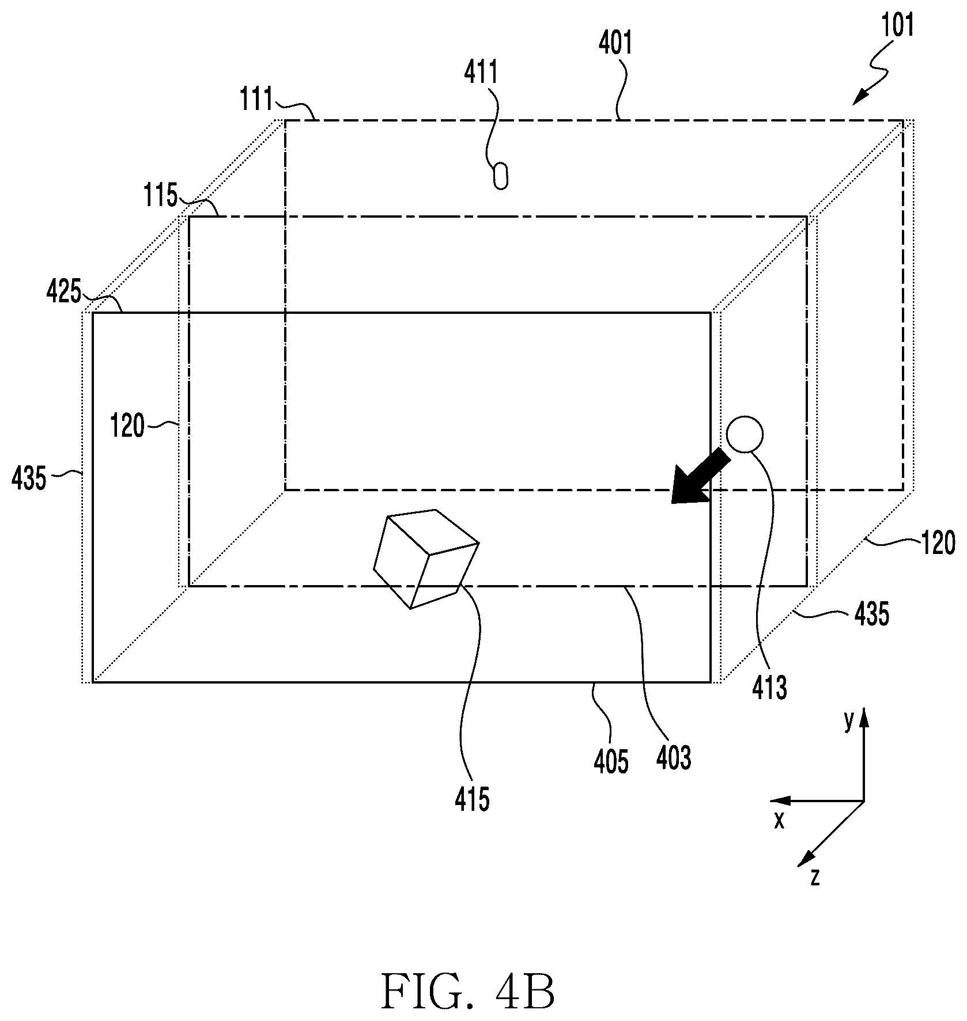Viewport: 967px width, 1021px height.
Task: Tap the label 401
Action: click(x=616, y=43)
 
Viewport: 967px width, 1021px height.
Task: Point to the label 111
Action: click(x=256, y=100)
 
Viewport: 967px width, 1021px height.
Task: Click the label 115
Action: click(x=161, y=196)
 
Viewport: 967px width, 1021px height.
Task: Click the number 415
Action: click(x=472, y=800)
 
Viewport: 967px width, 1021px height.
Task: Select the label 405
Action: click(x=611, y=761)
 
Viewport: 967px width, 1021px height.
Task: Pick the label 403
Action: click(x=674, y=758)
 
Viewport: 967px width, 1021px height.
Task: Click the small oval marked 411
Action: click(x=501, y=176)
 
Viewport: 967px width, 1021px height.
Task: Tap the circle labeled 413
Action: click(x=745, y=434)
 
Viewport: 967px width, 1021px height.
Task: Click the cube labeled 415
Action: click(x=426, y=559)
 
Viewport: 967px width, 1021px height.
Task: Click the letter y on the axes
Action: click(x=848, y=722)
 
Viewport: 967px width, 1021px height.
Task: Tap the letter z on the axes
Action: click(x=814, y=878)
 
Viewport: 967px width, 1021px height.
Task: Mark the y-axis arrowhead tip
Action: click(x=863, y=708)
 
